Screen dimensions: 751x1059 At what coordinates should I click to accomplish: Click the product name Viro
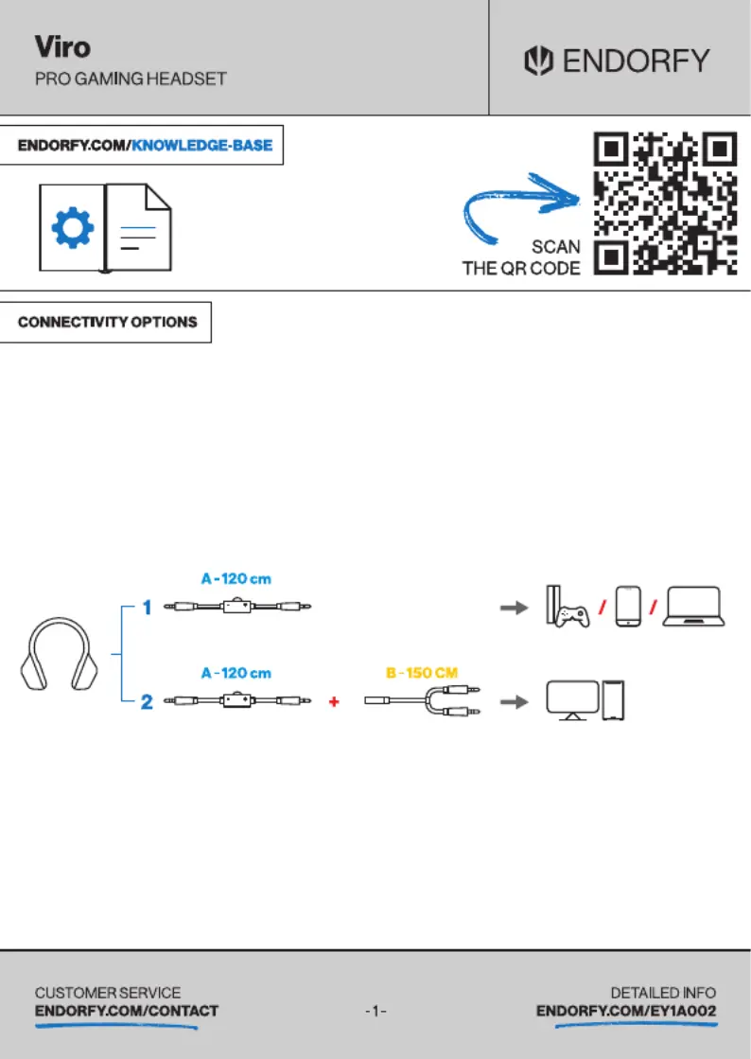[x=62, y=47]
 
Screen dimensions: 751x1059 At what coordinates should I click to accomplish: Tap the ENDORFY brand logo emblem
[x=538, y=61]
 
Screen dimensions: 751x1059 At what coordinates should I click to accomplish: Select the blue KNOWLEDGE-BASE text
[x=201, y=145]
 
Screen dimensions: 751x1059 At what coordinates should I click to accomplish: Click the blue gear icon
[x=73, y=228]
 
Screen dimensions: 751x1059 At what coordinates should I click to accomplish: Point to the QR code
[x=665, y=203]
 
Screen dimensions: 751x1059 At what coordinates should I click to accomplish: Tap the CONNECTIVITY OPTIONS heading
[x=107, y=322]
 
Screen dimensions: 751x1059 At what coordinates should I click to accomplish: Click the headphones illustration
[x=60, y=654]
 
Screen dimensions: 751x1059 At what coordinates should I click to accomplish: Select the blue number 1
[x=148, y=608]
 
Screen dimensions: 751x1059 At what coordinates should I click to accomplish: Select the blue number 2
[x=147, y=701]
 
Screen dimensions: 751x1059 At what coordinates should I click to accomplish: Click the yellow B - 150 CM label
[x=422, y=673]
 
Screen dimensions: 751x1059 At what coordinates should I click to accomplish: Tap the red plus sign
[x=333, y=701]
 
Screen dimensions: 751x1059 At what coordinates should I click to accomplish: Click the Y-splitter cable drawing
[x=423, y=700]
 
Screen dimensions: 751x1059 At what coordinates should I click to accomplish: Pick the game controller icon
[x=572, y=616]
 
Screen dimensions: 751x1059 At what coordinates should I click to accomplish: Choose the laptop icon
[x=693, y=607]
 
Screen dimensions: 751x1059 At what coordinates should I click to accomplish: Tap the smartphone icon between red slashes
[x=628, y=607]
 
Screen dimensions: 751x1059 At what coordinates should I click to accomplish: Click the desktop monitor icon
[x=572, y=700]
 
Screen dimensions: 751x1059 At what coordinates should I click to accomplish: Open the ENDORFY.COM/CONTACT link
[x=127, y=1011]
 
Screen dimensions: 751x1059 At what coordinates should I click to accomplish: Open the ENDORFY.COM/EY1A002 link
[x=626, y=1011]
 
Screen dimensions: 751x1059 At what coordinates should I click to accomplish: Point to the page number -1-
[x=375, y=1011]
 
